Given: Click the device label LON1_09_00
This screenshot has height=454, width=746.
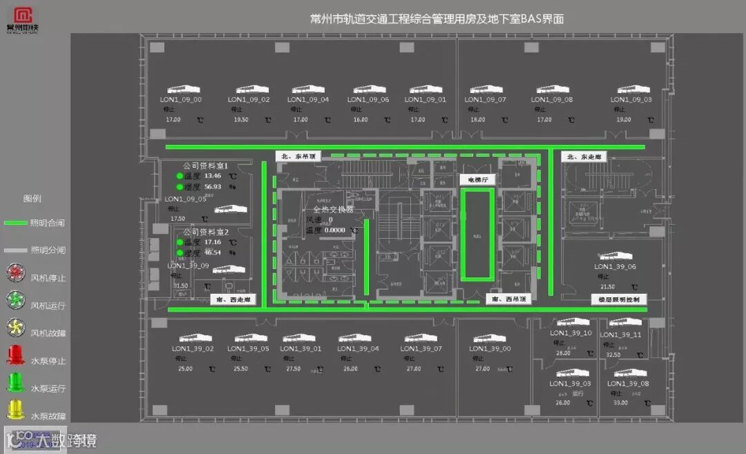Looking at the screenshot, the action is coord(182,100).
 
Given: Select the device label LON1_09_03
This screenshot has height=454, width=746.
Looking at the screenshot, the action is coord(631,100).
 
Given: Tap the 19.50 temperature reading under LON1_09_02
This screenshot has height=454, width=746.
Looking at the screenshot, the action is coord(240,120).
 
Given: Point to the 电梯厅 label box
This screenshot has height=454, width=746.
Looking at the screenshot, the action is coord(474,179).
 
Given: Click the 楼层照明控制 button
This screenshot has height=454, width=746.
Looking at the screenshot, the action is coord(619,300).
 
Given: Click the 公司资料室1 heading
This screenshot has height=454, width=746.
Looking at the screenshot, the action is coord(205,166).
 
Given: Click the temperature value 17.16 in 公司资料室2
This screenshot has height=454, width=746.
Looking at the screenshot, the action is coord(213,242).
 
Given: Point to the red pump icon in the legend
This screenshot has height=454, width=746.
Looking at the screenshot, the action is coord(15,355).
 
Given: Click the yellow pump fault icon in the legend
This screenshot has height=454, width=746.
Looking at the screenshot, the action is coord(15,411).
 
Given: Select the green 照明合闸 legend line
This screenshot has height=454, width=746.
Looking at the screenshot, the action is coord(15,223).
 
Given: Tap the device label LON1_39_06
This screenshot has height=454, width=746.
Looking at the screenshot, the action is coord(615,267).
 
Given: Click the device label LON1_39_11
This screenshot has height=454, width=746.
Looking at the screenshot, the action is coord(621,335).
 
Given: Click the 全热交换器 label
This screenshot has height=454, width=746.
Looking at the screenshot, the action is coord(333,209).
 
